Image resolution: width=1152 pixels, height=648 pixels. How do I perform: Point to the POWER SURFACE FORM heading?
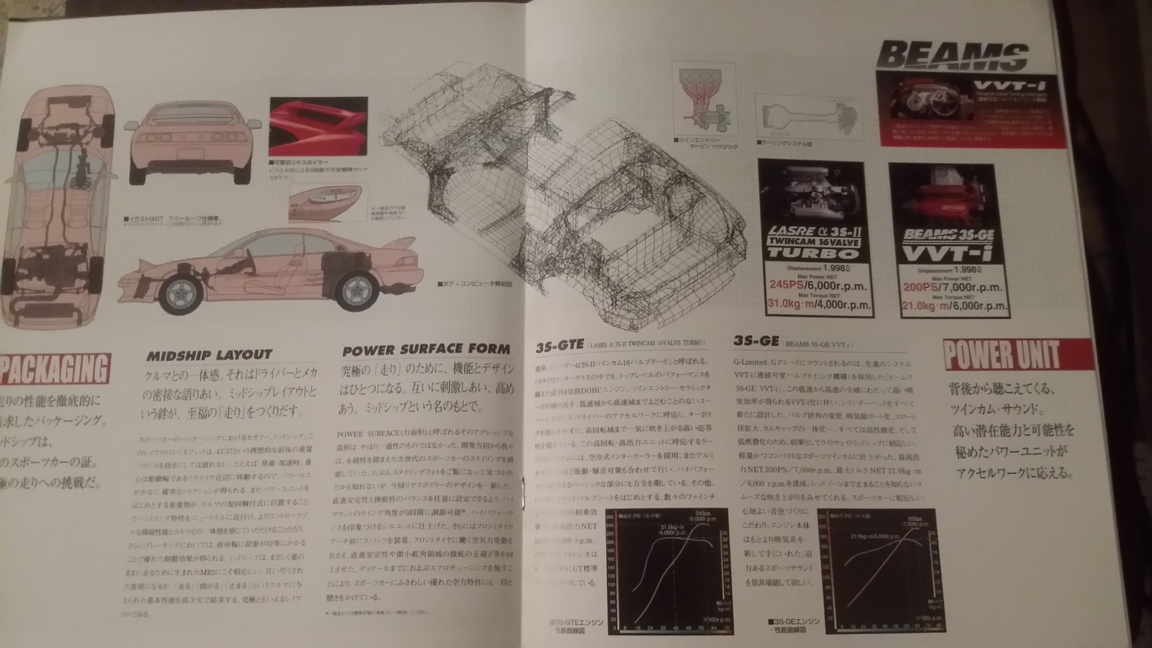[426, 350]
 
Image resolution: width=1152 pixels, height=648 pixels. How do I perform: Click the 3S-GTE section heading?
[559, 345]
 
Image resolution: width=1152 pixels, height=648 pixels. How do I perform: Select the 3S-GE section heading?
[756, 341]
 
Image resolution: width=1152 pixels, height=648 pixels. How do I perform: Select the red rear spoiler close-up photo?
[318, 127]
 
